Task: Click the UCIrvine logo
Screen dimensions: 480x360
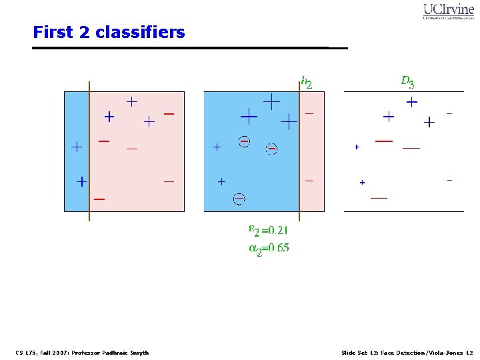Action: (x=448, y=11)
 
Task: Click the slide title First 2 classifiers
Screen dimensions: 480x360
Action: (x=109, y=32)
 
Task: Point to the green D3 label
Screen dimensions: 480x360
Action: (x=407, y=82)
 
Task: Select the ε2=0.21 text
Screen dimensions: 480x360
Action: (x=268, y=231)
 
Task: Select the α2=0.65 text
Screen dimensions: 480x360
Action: (x=269, y=248)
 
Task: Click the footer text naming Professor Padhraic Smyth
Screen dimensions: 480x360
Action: (x=82, y=353)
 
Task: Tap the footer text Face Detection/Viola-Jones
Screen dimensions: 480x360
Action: (x=407, y=353)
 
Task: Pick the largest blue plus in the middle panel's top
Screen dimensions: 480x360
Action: (x=249, y=117)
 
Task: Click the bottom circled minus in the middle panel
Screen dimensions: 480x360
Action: (x=239, y=198)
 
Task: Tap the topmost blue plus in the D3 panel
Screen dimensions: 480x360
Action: (x=412, y=103)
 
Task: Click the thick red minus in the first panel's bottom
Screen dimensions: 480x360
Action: (x=99, y=199)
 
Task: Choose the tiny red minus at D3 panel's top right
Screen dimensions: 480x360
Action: (x=449, y=114)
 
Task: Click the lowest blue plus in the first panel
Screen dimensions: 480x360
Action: (x=81, y=181)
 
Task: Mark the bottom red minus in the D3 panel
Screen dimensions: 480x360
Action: (x=379, y=198)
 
